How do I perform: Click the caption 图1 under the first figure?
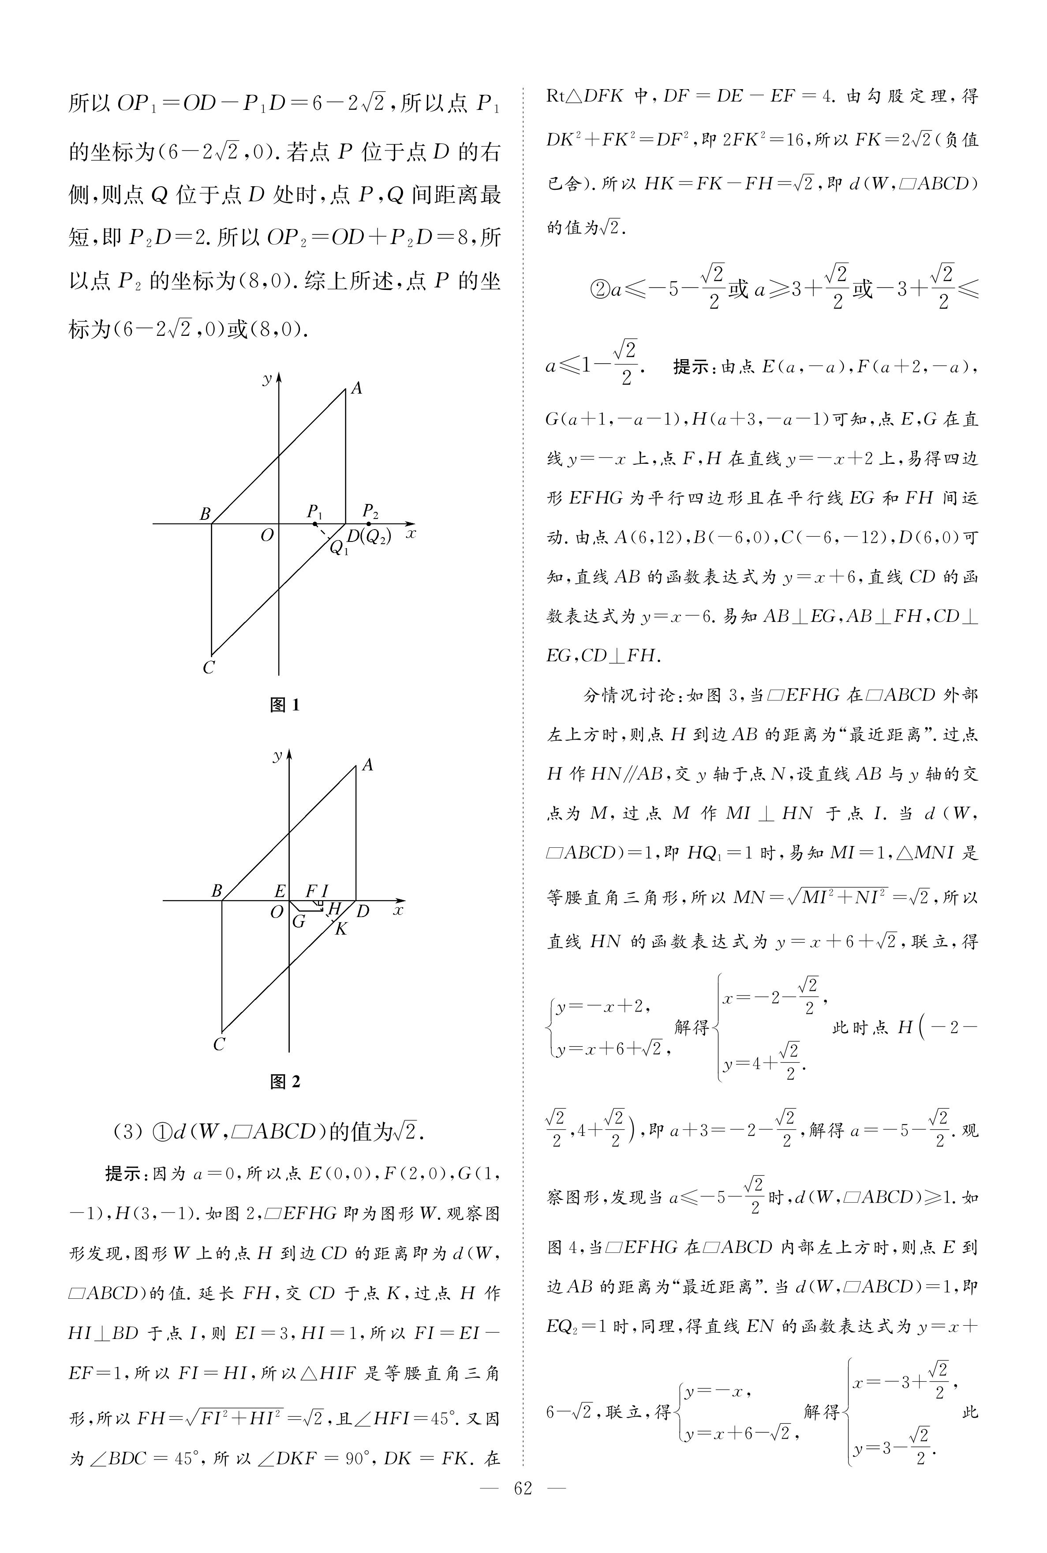click(284, 705)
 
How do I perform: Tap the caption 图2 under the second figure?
click(284, 1081)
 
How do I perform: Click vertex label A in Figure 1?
click(356, 388)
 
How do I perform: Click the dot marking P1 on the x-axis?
click(315, 524)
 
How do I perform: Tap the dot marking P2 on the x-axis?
click(369, 524)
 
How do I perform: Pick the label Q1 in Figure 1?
click(339, 548)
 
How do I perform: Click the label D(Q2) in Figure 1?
click(369, 536)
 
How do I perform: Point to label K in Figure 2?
click(341, 929)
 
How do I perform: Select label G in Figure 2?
click(299, 921)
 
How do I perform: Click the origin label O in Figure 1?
click(266, 535)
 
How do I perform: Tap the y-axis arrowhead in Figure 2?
click(289, 755)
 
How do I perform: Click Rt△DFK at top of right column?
click(585, 95)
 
